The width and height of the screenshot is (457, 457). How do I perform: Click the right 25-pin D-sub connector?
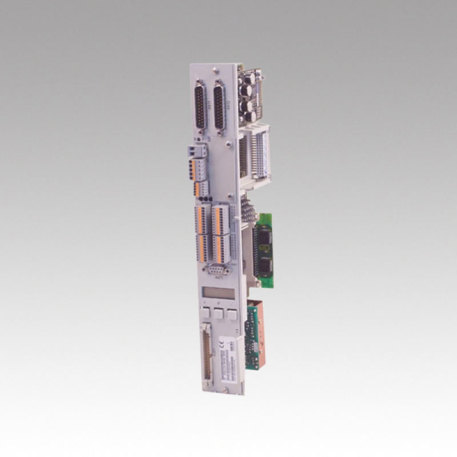219,107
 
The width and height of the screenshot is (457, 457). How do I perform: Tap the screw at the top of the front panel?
215,71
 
